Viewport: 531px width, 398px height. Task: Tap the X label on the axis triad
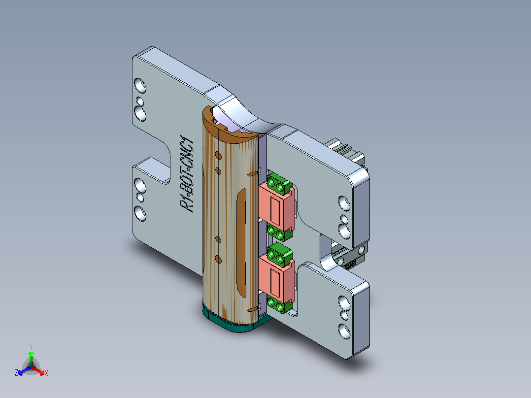click(46, 373)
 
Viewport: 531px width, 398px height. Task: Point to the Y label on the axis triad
click(31, 346)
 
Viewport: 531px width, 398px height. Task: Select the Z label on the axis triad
click(16, 373)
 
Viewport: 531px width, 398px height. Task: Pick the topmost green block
click(279, 183)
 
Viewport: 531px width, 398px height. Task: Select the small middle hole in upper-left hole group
click(140, 102)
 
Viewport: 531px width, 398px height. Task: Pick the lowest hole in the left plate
click(140, 213)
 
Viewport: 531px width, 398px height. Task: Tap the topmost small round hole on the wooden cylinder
click(217, 157)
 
